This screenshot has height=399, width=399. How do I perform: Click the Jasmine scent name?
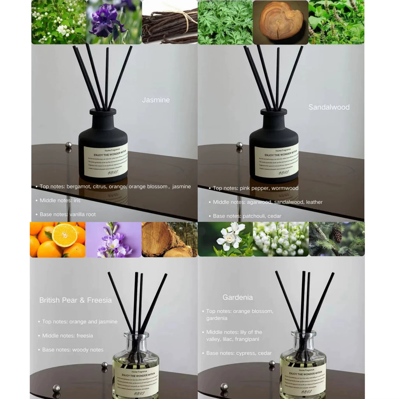click(156, 100)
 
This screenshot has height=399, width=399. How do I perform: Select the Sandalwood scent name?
click(329, 107)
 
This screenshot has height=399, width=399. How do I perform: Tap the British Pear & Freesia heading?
click(75, 300)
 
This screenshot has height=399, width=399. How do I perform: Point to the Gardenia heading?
click(238, 297)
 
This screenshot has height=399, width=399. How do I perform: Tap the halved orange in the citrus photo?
click(65, 235)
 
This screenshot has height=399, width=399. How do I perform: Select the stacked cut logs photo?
click(169, 240)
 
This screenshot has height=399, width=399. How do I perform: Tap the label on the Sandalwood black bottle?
click(276, 160)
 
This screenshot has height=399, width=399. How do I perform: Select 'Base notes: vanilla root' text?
click(67, 214)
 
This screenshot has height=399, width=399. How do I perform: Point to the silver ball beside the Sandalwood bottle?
click(239, 145)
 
